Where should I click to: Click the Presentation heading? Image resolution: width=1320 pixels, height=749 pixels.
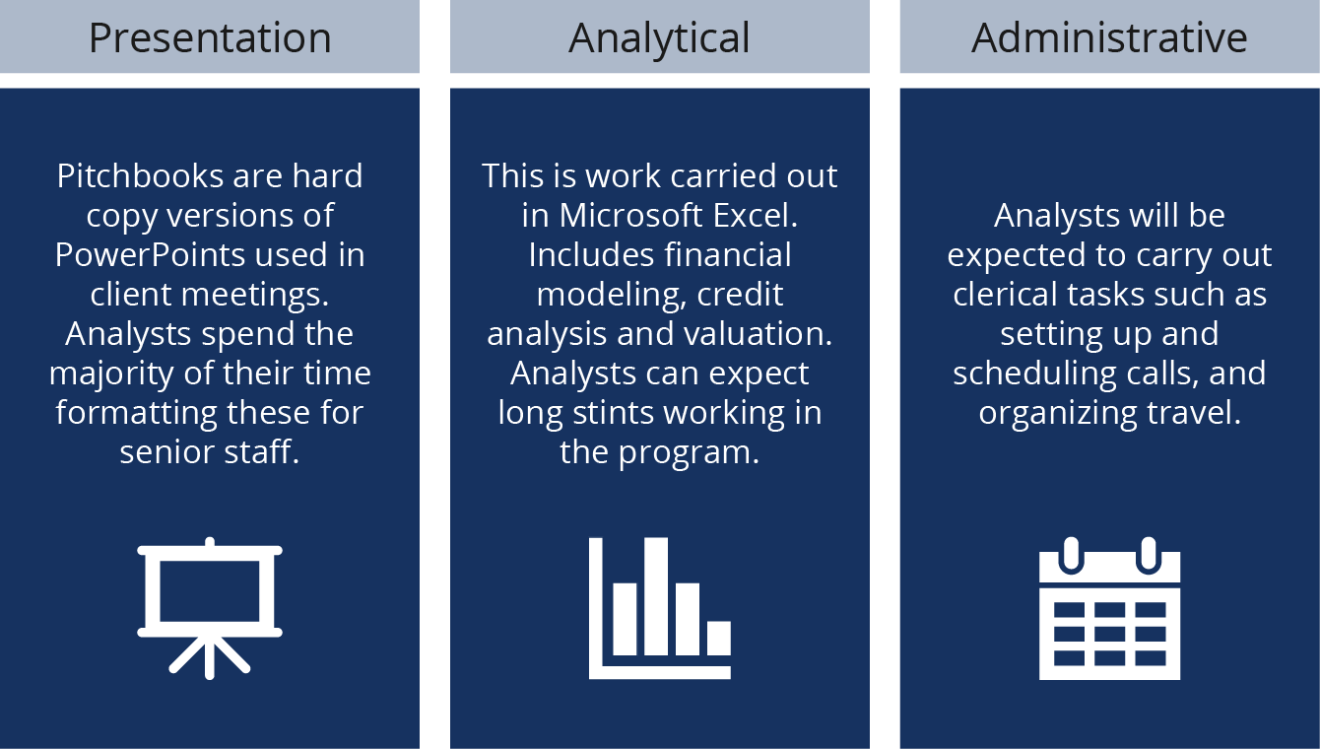point(210,38)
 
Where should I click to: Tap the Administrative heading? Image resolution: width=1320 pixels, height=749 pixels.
point(1109,38)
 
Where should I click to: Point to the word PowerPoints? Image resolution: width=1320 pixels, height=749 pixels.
point(151,255)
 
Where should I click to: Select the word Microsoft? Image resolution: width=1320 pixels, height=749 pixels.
point(630,215)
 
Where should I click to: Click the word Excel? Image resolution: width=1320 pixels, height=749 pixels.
point(756,215)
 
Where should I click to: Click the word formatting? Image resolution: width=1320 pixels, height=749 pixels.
point(137,414)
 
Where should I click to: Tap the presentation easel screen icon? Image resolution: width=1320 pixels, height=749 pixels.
point(210,607)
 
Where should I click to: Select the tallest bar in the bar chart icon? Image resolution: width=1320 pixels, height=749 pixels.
point(656,595)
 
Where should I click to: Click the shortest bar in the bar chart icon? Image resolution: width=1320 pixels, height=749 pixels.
point(719,638)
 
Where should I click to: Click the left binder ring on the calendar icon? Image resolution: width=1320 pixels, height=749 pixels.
point(1071,555)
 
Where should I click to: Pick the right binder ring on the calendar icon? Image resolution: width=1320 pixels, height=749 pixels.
point(1149,555)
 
